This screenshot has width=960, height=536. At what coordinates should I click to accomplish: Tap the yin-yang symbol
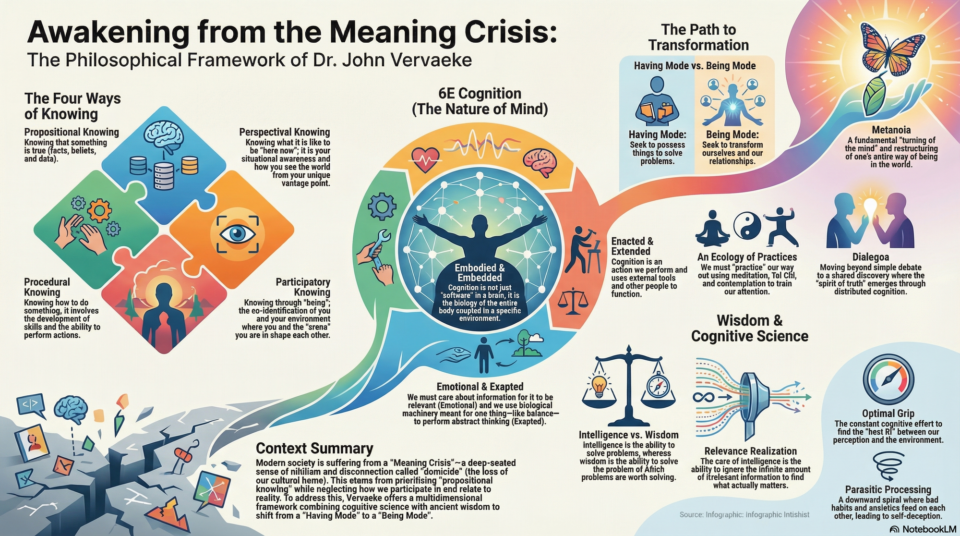point(747,226)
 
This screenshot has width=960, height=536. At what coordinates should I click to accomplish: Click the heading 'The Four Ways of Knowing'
point(72,106)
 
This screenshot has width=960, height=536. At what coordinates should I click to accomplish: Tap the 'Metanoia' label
point(891,130)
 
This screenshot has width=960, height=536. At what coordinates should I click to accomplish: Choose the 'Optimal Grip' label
point(888,414)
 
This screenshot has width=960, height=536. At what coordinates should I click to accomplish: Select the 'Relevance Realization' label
point(750,451)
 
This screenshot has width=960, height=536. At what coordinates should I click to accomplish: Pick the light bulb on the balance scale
point(599,386)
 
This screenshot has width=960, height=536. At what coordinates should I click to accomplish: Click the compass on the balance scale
point(656,386)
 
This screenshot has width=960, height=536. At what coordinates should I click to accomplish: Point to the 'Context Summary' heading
point(314,448)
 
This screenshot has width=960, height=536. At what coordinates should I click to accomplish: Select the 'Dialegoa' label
point(870,257)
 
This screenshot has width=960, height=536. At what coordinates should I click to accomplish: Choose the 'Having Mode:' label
point(657,134)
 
